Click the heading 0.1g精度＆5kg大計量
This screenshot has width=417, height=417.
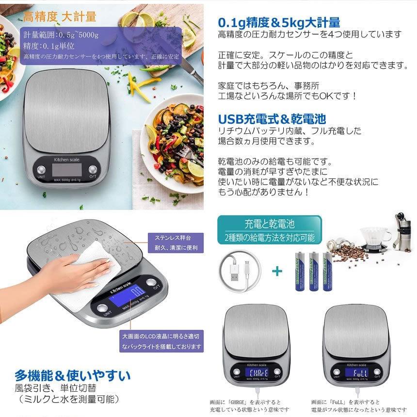pos(279,22)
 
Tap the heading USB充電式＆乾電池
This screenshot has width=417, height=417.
pos(272,119)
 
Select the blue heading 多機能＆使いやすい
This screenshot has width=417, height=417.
pos(72,376)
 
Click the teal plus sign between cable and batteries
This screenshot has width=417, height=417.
pos(277,271)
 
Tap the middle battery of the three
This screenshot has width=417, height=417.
pos(312,271)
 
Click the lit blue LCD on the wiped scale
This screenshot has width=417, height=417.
pos(127,296)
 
